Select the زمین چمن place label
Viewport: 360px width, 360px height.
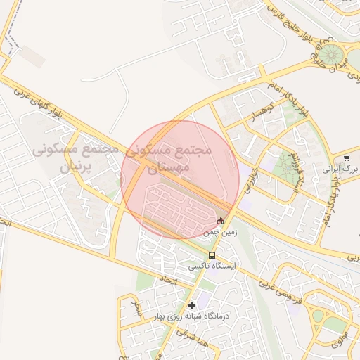[x=221, y=231]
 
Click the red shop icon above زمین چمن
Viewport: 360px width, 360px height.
[x=221, y=221]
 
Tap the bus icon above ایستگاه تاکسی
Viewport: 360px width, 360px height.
[x=212, y=256]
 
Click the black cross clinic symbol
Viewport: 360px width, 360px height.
[x=191, y=305]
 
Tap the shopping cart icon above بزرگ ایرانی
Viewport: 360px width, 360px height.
[x=347, y=158]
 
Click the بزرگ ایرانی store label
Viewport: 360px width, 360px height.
[x=341, y=169]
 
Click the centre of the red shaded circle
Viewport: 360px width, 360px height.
[x=180, y=179]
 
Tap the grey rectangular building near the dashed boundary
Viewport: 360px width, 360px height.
[x=33, y=56]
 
